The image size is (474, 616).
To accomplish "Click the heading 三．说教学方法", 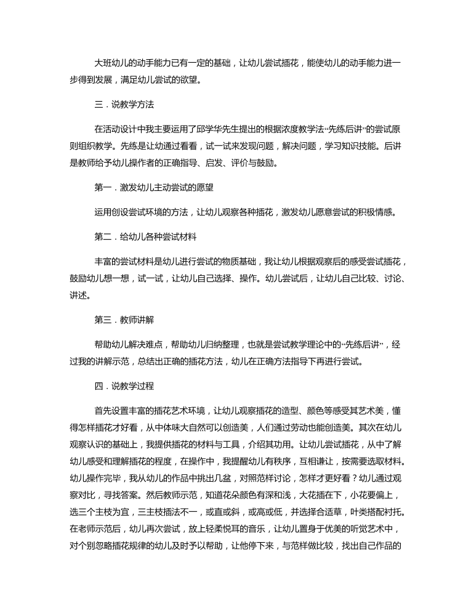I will click(x=124, y=104).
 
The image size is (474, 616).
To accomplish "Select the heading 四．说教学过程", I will click(x=124, y=386).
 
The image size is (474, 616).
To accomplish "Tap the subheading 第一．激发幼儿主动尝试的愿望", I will click(x=153, y=187).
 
